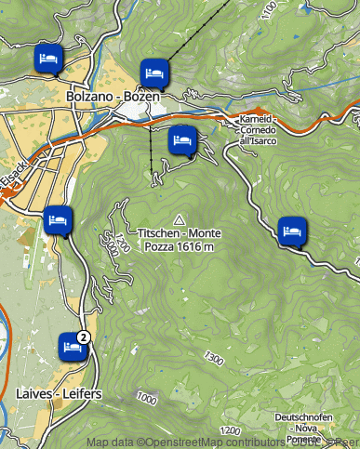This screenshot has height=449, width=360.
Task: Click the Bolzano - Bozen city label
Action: [107, 96]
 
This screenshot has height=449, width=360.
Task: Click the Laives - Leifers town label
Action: [59, 394]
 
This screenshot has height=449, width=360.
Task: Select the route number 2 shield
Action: [84, 337]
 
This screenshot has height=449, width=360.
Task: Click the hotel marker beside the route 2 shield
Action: [69, 345]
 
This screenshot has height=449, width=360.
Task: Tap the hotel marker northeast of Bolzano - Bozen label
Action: [154, 72]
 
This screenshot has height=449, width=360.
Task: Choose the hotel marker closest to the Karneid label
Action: [182, 140]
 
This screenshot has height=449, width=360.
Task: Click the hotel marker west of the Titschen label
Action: [59, 219]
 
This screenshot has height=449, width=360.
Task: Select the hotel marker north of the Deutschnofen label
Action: [292, 229]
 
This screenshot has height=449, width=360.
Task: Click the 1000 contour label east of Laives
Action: [146, 398]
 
